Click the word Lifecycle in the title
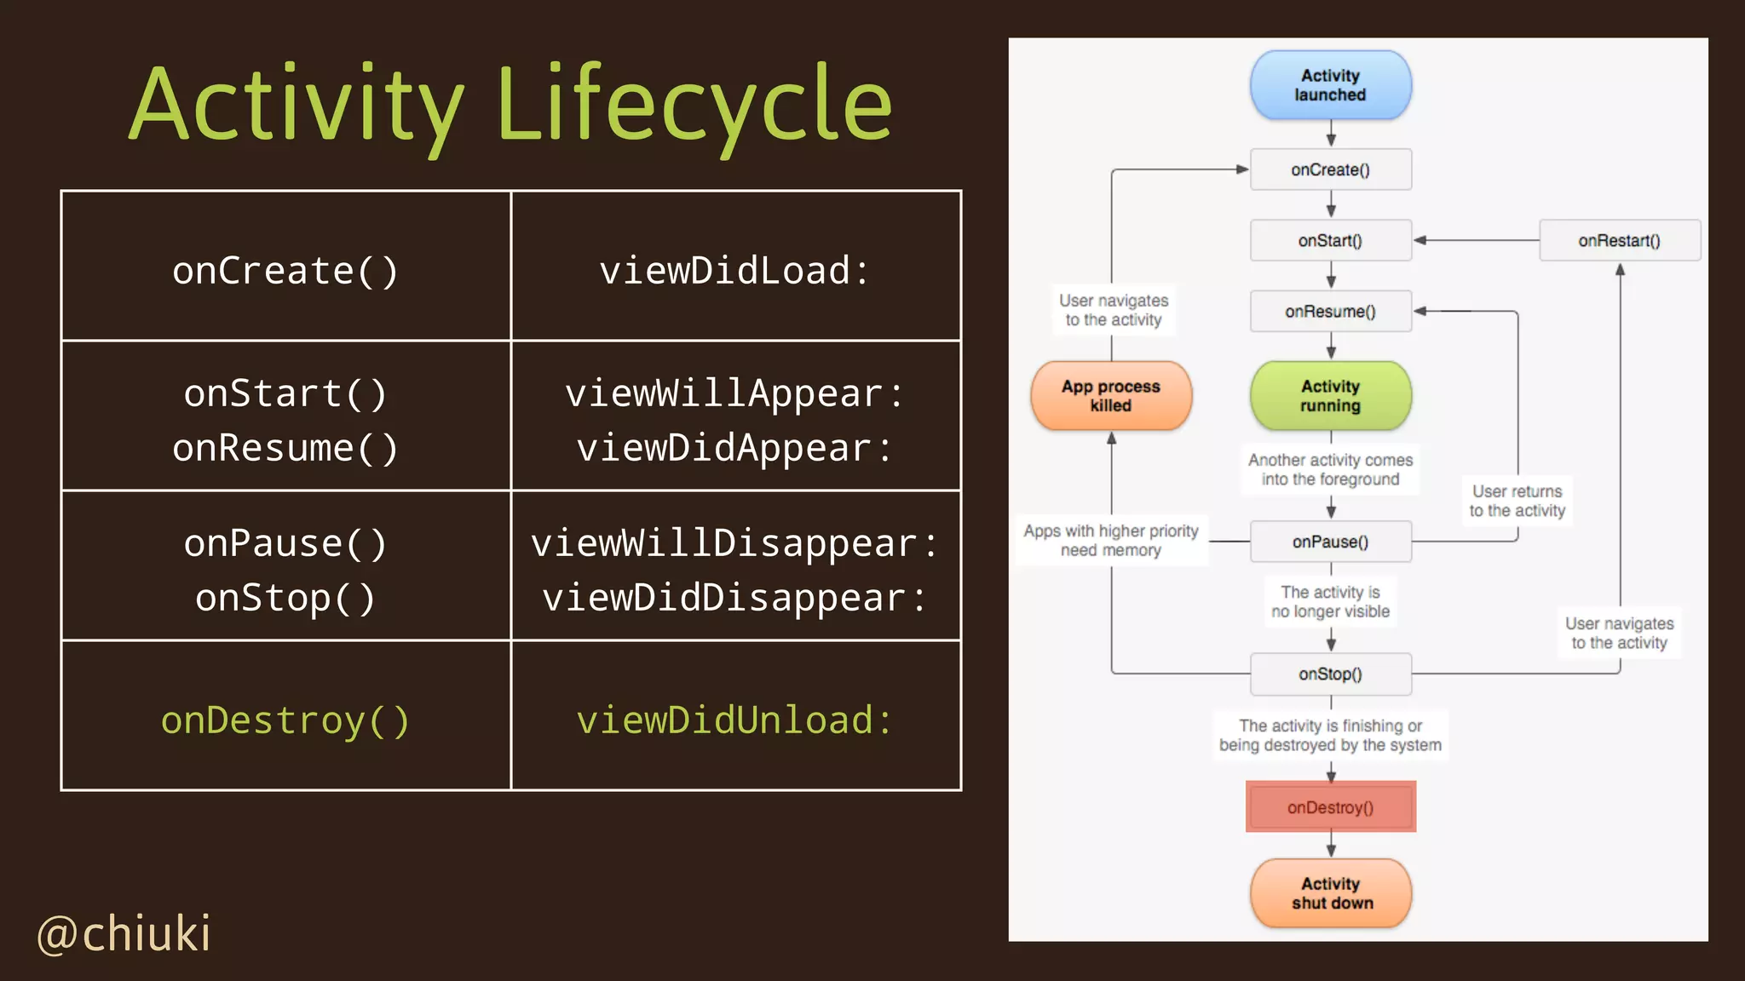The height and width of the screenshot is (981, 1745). [x=694, y=106]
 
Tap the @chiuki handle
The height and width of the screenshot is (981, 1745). [x=124, y=933]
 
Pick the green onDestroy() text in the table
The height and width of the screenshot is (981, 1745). [x=285, y=720]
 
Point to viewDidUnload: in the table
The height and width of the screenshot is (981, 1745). [x=734, y=720]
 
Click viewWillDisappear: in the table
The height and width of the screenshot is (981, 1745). [x=734, y=543]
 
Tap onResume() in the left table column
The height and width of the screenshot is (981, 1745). [x=285, y=448]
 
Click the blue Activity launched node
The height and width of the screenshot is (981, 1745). [x=1330, y=85]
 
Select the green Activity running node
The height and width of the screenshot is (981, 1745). [x=1330, y=396]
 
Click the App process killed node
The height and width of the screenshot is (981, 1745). [x=1111, y=396]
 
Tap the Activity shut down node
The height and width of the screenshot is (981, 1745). [x=1330, y=893]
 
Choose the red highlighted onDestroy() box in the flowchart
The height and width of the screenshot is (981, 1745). [x=1330, y=806]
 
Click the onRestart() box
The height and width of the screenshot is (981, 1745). [x=1619, y=240]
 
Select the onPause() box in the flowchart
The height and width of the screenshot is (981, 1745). [x=1330, y=542]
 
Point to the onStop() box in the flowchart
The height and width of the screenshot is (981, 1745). [x=1330, y=674]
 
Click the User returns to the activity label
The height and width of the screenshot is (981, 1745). [x=1517, y=501]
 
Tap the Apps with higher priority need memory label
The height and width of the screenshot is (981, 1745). [x=1111, y=540]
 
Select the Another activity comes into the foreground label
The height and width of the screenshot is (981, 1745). [x=1330, y=469]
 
